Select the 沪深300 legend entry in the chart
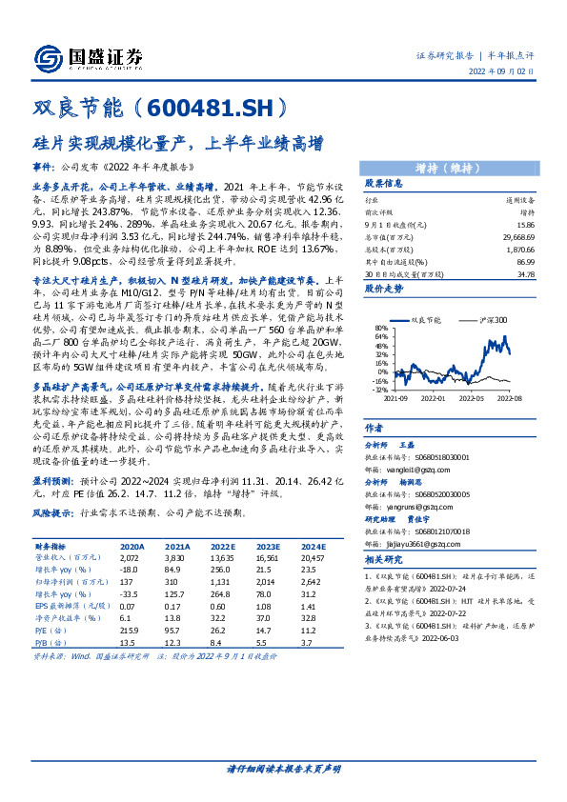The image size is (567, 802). point(486,322)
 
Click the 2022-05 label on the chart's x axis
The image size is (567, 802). point(469,400)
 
